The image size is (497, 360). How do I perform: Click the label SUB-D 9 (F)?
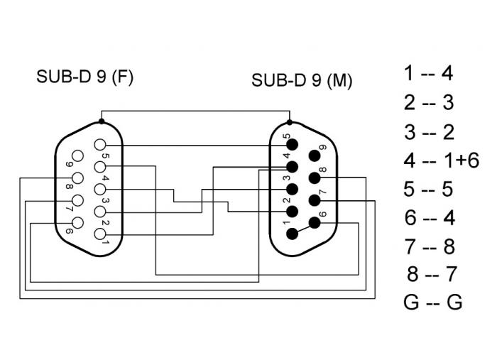click(84, 77)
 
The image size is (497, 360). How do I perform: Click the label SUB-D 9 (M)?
click(302, 80)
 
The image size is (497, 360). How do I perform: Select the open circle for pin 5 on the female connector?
click(102, 145)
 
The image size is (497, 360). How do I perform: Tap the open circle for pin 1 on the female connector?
click(102, 234)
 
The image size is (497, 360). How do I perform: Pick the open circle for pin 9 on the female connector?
click(78, 156)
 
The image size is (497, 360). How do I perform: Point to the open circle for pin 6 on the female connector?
click(78, 223)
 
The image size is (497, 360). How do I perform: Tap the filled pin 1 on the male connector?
click(291, 234)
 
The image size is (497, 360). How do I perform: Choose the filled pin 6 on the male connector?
click(315, 223)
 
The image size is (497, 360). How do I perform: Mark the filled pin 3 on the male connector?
click(291, 190)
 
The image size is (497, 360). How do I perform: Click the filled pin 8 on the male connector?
click(315, 178)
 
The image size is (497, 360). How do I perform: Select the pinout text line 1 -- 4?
click(428, 73)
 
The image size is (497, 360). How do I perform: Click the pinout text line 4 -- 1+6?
click(441, 160)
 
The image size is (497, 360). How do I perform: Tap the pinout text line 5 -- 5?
click(428, 189)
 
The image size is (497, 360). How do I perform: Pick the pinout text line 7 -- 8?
click(428, 246)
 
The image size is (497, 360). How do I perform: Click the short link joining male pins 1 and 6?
click(303, 229)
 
